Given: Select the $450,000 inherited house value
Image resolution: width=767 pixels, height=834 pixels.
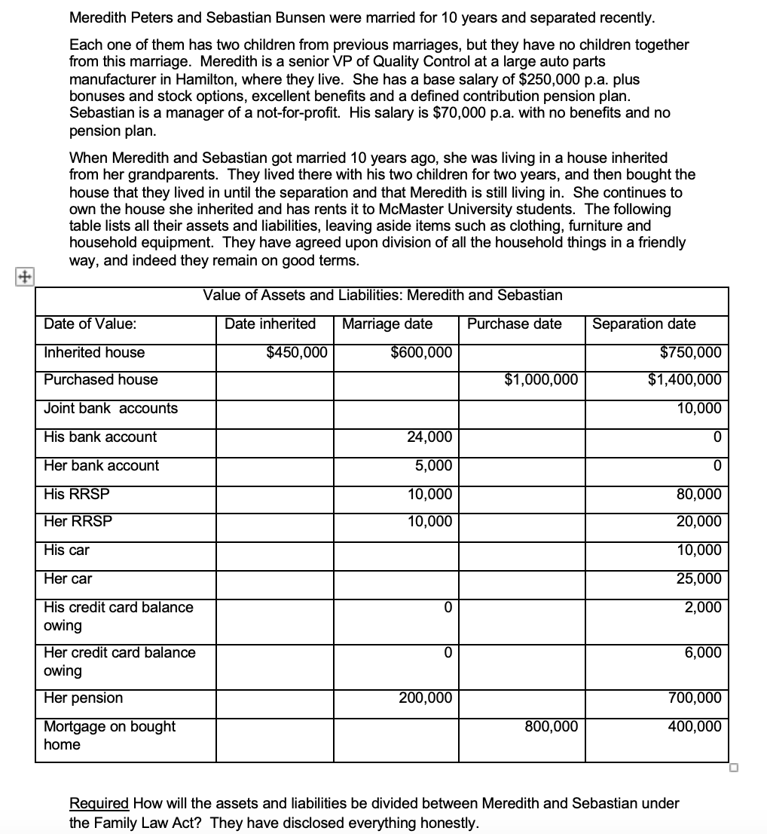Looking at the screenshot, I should tap(297, 352).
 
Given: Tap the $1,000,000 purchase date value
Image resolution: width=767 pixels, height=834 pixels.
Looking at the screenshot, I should tap(541, 379).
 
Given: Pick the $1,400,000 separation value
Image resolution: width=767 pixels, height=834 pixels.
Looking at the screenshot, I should tap(684, 379).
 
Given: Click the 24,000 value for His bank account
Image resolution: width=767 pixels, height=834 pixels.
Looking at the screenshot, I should tap(429, 437).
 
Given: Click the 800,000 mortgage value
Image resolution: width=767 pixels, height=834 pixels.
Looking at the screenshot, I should tap(551, 726).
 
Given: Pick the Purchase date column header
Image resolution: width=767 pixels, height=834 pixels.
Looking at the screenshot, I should tap(515, 323).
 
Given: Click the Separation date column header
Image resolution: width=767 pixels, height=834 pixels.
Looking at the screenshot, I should tap(644, 323).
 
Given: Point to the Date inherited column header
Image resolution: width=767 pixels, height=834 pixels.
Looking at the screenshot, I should tap(270, 323).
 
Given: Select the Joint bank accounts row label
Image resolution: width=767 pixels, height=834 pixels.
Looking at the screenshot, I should tap(111, 408).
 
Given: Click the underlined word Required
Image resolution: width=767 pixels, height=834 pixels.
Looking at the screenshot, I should tap(99, 804).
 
